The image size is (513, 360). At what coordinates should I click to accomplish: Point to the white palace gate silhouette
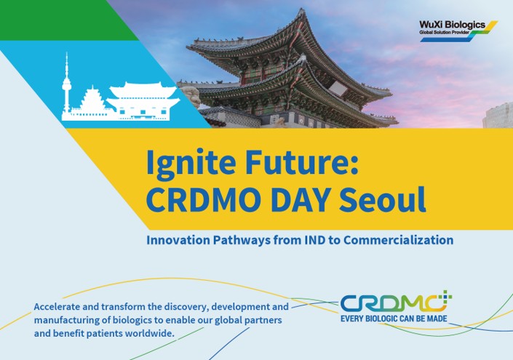tap(143, 100)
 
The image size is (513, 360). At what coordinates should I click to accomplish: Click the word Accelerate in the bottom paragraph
tap(60, 307)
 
